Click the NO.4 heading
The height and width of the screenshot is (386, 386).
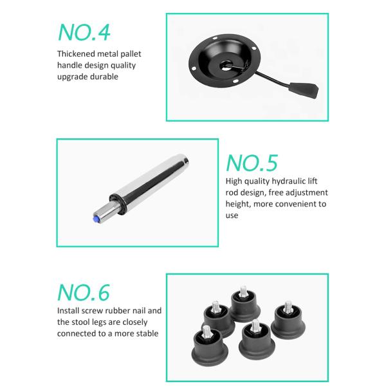84,32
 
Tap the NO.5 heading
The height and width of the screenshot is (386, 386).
252,163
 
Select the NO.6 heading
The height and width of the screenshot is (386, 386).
84,292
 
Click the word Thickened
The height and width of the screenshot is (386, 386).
76,53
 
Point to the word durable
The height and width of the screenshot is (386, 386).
104,77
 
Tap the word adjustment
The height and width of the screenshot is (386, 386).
307,192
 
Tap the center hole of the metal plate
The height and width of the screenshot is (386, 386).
225,66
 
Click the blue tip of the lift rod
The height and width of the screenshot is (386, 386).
95,219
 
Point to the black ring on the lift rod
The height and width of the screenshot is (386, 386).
118,204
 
